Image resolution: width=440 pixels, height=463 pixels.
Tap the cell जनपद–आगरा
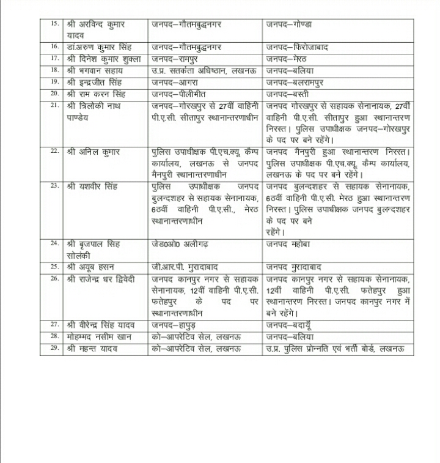[176, 82]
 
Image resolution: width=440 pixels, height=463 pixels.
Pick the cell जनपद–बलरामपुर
[295, 82]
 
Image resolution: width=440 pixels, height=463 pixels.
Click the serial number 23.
[54, 185]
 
